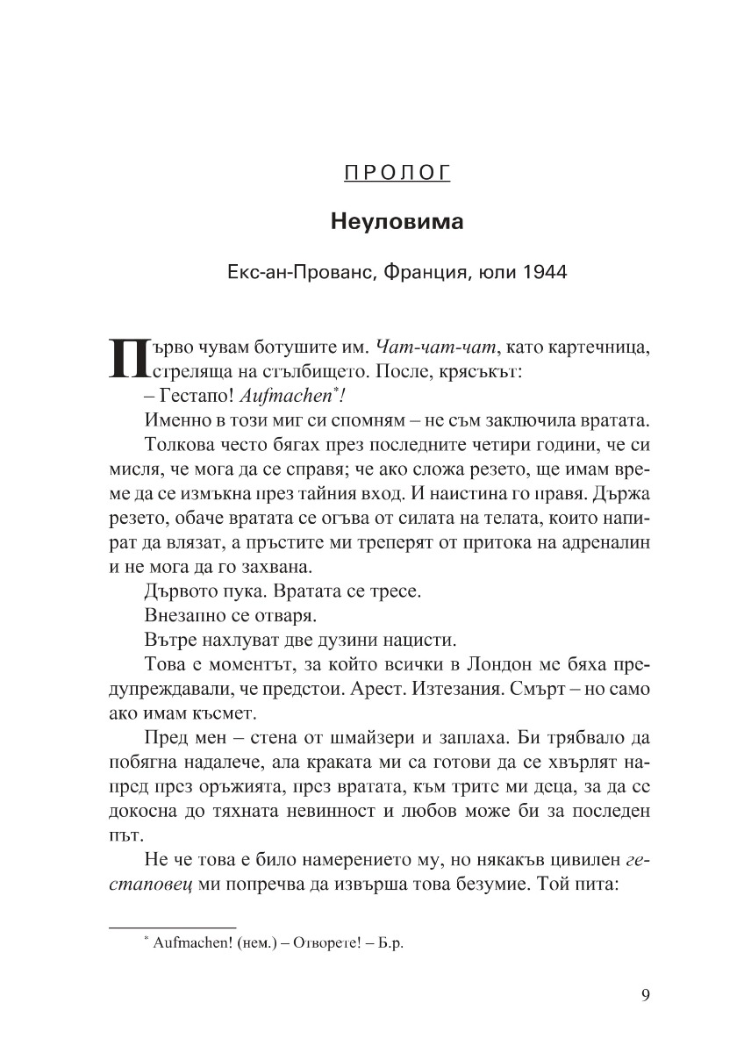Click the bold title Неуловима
pyautogui.click(x=397, y=222)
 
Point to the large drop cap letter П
pyautogui.click(x=125, y=357)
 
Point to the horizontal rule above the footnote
pyautogui.click(x=171, y=928)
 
